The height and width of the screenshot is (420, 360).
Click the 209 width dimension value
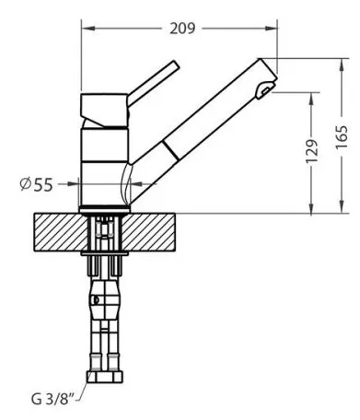[x=182, y=29]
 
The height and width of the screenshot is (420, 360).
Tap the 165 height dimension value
[x=342, y=137]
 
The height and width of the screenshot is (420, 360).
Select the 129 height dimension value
[x=312, y=152]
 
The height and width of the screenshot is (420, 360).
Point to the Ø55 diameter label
[x=37, y=184]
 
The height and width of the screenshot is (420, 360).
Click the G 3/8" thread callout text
[x=53, y=399]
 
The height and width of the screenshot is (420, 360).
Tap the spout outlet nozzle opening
[x=265, y=89]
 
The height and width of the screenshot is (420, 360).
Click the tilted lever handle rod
[x=153, y=83]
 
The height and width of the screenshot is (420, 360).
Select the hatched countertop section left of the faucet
[x=61, y=232]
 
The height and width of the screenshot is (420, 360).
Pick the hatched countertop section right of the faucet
[x=149, y=232]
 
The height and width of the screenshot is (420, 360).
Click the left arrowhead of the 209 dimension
[x=88, y=29]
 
